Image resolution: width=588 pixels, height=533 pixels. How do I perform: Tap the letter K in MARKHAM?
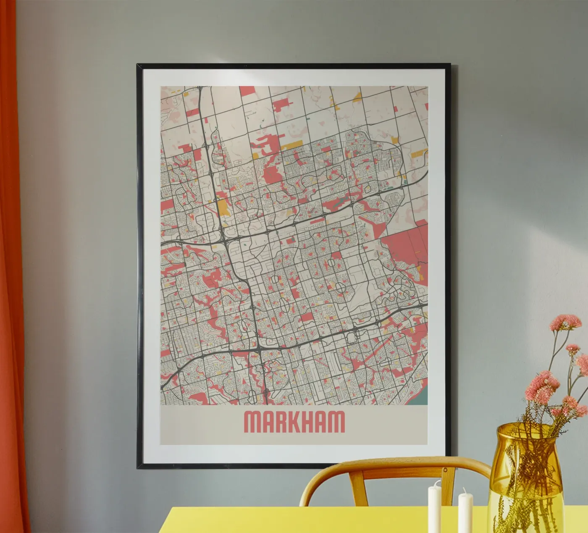[x=291, y=421]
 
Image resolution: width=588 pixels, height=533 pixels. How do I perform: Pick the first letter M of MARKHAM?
[x=252, y=421]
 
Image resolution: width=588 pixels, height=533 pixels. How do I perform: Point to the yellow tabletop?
[x=294, y=521]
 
